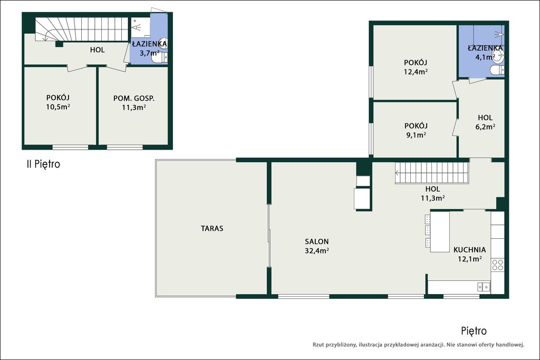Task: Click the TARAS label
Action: (x=212, y=228)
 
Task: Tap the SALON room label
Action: (x=316, y=241)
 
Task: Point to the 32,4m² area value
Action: (x=316, y=250)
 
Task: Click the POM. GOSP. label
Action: (x=134, y=99)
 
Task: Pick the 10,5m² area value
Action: (x=58, y=106)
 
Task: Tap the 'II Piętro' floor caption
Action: (x=43, y=164)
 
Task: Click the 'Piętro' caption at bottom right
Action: (x=474, y=331)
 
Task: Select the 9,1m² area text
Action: (x=416, y=135)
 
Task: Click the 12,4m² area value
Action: (x=416, y=72)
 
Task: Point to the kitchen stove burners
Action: (x=498, y=265)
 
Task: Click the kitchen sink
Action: (x=484, y=286)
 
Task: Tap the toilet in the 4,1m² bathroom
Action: (x=496, y=70)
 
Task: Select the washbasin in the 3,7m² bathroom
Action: (x=164, y=42)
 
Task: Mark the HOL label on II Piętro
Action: (x=98, y=50)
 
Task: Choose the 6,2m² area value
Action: (x=485, y=127)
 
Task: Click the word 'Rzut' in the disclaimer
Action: (x=319, y=345)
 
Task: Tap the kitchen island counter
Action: (x=440, y=231)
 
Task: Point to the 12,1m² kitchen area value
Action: (x=469, y=259)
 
